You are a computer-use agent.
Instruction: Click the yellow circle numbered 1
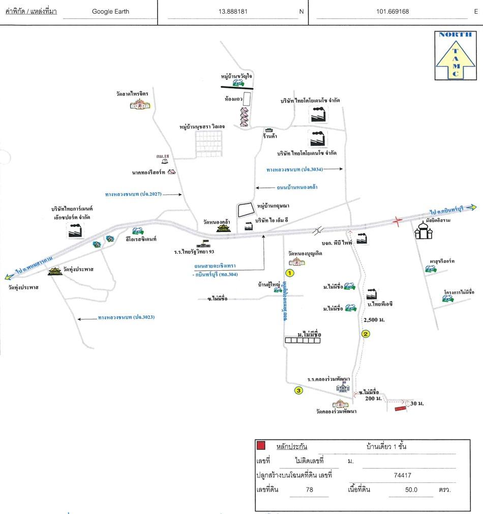[290, 273]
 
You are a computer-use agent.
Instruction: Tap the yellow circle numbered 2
[365, 334]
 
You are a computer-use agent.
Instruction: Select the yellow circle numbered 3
[299, 391]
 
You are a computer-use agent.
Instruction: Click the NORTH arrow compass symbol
[456, 55]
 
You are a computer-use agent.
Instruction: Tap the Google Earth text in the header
[110, 12]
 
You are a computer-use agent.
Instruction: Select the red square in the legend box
[261, 446]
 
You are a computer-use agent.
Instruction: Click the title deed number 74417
[402, 476]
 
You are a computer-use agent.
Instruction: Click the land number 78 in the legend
[309, 490]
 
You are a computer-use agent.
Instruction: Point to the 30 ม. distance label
[417, 403]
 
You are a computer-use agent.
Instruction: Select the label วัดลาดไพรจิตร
[132, 94]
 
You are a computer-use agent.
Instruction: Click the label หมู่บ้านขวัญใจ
[236, 76]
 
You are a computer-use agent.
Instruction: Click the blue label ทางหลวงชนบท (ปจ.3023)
[126, 317]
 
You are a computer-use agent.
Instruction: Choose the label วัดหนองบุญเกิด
[306, 252]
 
